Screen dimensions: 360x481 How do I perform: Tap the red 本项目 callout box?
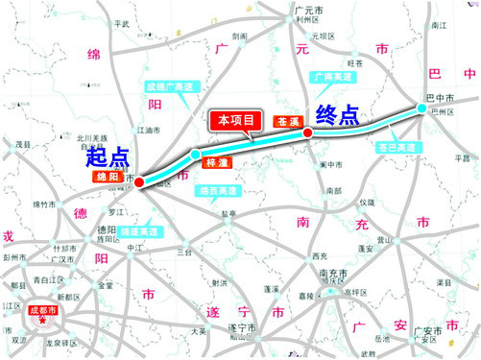235,121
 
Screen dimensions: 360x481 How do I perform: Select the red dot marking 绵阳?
139,182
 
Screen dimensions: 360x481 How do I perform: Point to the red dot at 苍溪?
307,133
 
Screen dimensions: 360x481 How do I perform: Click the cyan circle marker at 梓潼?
196,155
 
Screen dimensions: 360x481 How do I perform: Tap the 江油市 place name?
149,129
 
